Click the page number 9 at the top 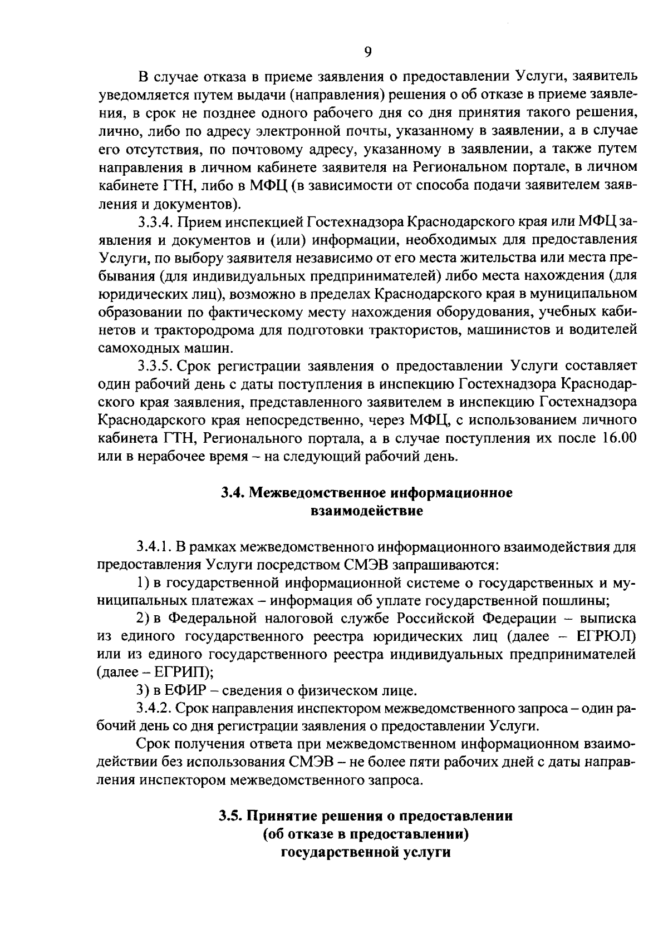(x=367, y=53)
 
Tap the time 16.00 (x=618, y=438)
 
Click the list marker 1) (x=143, y=583)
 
